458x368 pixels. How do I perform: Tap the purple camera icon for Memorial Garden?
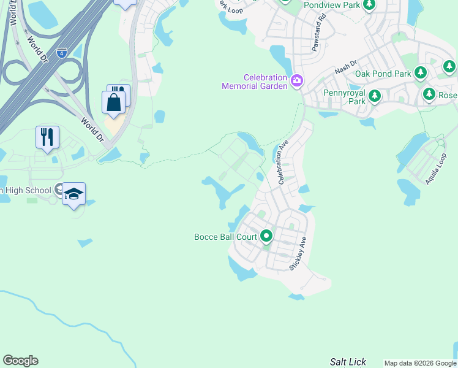click(x=297, y=80)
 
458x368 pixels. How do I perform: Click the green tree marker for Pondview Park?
click(x=369, y=5)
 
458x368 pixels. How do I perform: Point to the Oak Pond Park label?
click(x=383, y=74)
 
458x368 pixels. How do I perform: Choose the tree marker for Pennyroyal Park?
click(x=374, y=96)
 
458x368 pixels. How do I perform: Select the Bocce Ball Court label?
click(x=225, y=236)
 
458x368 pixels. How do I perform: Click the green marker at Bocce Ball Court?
click(x=266, y=236)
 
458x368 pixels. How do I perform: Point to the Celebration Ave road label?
click(x=283, y=162)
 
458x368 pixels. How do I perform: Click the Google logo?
click(x=20, y=361)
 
